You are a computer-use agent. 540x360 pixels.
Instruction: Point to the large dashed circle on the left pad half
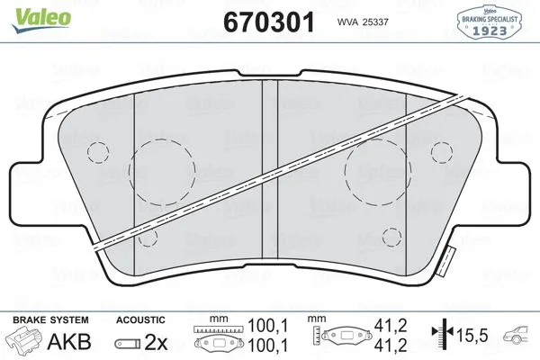click(164, 171)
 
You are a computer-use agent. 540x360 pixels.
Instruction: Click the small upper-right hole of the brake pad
click(441, 148)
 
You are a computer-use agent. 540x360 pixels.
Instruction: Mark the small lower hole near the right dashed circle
click(391, 236)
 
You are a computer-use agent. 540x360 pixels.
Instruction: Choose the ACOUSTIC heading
click(140, 320)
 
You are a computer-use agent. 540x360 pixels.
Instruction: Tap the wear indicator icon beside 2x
click(128, 342)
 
